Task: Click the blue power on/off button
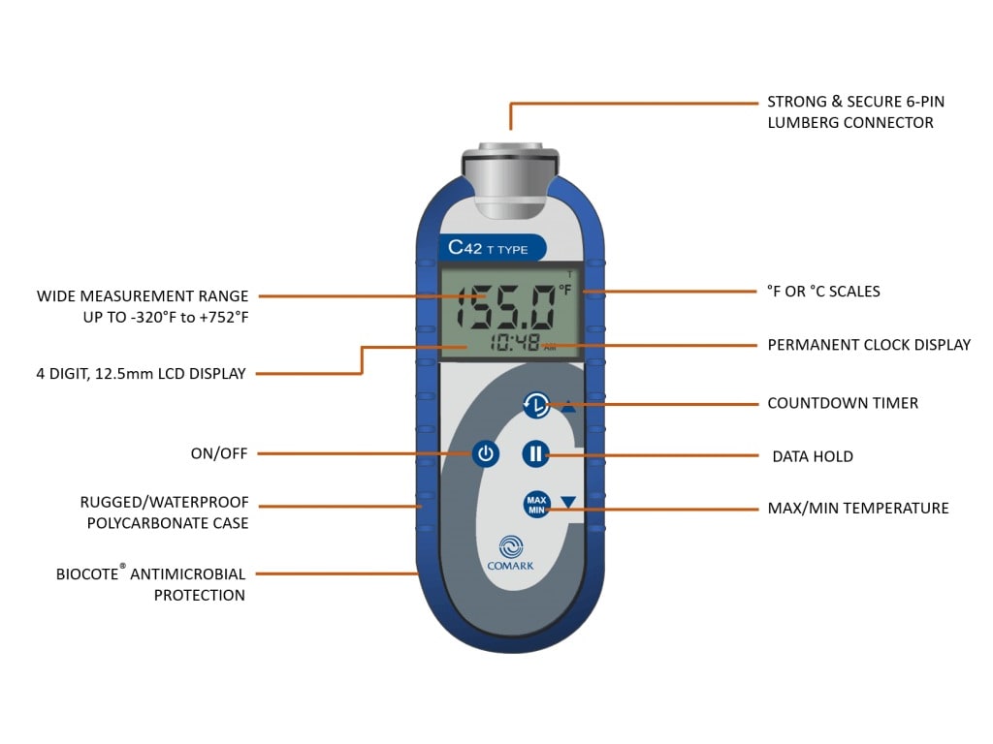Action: point(486,453)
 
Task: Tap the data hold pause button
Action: point(536,453)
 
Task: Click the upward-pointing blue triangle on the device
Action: point(568,407)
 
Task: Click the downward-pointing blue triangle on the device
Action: point(568,502)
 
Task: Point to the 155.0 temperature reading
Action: point(505,308)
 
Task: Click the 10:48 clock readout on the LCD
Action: point(516,343)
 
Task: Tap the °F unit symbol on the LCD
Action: point(564,290)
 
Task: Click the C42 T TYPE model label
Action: point(489,248)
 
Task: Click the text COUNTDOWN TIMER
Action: point(842,403)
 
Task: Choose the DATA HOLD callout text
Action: point(813,456)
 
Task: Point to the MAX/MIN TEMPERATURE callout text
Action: point(857,508)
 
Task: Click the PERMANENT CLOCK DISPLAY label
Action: point(869,345)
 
